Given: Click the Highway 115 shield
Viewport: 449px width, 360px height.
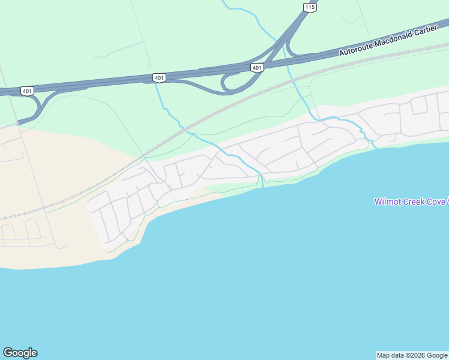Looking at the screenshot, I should pos(310,7).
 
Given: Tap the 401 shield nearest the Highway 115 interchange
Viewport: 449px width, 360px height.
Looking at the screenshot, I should pos(257,68).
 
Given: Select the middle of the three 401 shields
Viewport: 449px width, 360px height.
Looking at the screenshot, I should pos(158,78).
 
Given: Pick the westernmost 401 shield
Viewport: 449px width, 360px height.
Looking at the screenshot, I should pos(27,91).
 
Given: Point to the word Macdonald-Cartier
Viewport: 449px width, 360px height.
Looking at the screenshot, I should pos(405,37).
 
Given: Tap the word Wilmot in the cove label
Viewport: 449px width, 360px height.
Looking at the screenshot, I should pos(387,202).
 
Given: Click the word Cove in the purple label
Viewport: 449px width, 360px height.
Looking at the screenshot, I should pos(436,202).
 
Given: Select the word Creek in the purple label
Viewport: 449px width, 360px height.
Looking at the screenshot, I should pos(414,202).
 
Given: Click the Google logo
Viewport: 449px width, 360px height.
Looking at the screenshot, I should pos(20,353).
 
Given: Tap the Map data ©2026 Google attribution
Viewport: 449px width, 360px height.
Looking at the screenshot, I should pos(412,355).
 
